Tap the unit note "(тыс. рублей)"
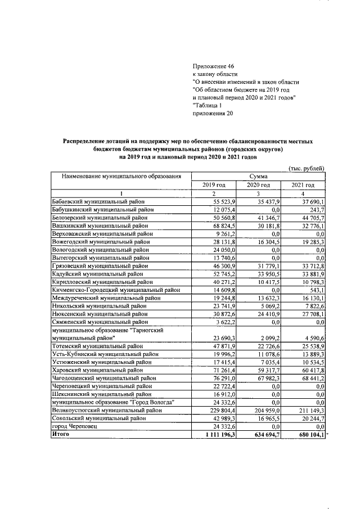click(x=306, y=168)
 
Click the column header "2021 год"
click(x=303, y=184)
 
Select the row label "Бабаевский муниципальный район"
click(x=98, y=201)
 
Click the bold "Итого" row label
click(x=60, y=434)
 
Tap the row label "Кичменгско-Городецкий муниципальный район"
click(x=115, y=289)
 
